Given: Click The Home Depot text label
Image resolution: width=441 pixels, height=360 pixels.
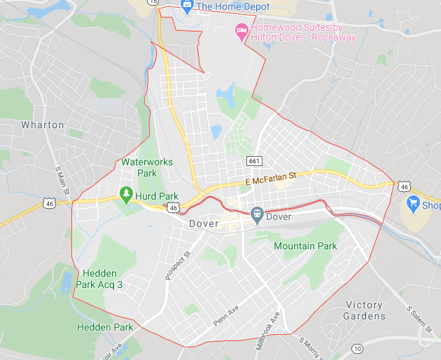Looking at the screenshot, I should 232,6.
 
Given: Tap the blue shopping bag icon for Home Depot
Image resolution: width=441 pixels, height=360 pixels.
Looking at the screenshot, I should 187,6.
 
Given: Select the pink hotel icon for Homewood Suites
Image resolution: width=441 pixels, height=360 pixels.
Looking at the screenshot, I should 241,29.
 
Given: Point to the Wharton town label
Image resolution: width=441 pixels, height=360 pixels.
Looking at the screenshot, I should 43,125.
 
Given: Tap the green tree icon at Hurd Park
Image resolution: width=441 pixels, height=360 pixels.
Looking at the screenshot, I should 126,193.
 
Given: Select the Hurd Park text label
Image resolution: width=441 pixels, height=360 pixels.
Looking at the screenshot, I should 157,196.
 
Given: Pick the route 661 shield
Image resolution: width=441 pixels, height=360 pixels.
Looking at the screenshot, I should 255,161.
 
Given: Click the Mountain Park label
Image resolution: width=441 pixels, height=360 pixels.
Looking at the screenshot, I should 305,246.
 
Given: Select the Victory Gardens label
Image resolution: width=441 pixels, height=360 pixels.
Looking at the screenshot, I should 364,310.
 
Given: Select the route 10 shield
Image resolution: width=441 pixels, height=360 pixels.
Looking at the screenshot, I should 358,348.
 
